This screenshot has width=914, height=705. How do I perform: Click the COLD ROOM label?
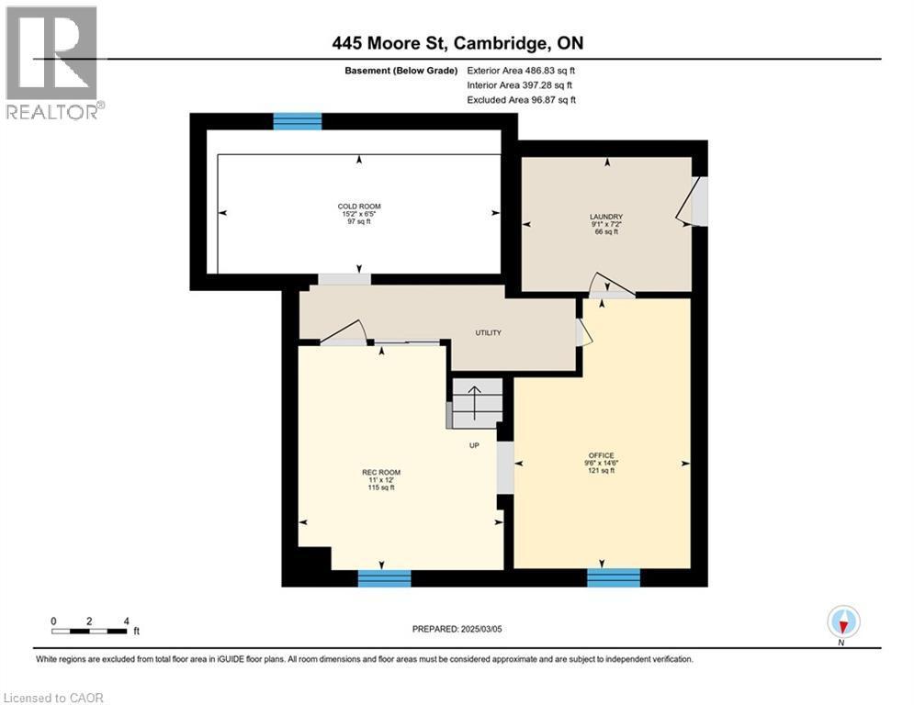pyautogui.click(x=358, y=207)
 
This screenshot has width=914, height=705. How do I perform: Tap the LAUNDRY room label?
pyautogui.click(x=606, y=218)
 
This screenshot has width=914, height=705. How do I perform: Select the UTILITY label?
pyautogui.click(x=488, y=332)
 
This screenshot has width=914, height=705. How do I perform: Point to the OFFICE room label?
pyautogui.click(x=602, y=456)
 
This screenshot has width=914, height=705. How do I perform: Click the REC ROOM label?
pyautogui.click(x=381, y=473)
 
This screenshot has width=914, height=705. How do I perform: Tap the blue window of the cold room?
pyautogui.click(x=298, y=121)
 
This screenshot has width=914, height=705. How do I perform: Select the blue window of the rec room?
pyautogui.click(x=384, y=577)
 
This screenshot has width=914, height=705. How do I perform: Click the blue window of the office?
pyautogui.click(x=613, y=577)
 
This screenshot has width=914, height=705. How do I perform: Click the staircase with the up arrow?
pyautogui.click(x=476, y=402)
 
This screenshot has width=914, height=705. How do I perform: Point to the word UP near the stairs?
pyautogui.click(x=475, y=446)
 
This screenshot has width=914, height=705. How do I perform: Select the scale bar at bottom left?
pyautogui.click(x=90, y=630)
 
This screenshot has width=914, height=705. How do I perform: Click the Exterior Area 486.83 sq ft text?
pyautogui.click(x=521, y=70)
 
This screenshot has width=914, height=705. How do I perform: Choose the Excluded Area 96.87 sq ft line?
pyautogui.click(x=521, y=99)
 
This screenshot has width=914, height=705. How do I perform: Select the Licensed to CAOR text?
pyautogui.click(x=54, y=698)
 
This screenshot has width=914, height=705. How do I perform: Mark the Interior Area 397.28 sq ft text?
pyautogui.click(x=521, y=84)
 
